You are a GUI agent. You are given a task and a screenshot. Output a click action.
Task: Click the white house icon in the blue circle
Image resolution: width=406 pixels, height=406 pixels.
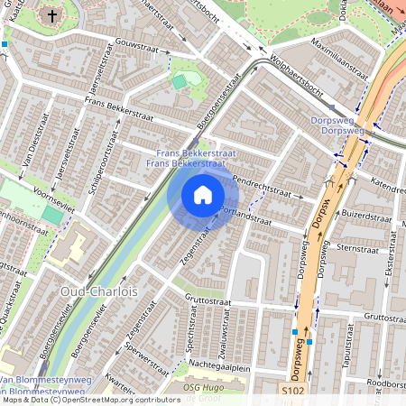[203, 194]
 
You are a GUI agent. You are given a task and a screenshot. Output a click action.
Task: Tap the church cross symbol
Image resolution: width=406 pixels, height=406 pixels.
[52, 15]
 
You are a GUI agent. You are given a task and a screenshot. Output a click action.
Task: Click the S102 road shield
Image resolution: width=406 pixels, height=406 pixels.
[292, 392]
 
